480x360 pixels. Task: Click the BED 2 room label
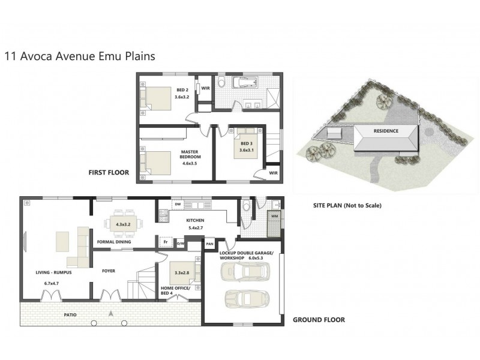[x=182, y=90]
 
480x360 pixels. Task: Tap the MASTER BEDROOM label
[x=190, y=154]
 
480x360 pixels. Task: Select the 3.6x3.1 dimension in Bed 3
[x=247, y=150]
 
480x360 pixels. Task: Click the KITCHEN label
[x=195, y=220]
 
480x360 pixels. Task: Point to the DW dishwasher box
[x=178, y=204]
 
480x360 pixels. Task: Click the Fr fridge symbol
[x=166, y=242]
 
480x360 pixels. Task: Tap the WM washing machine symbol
[x=275, y=216]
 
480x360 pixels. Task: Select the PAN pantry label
[x=209, y=244]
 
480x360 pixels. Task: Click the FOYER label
[x=109, y=271]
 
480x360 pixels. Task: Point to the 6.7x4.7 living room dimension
[x=52, y=283]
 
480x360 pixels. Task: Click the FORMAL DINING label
[x=114, y=242]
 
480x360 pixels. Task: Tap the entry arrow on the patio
[x=111, y=313]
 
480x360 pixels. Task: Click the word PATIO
[x=70, y=314]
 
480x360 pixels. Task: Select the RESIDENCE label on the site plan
[x=386, y=131]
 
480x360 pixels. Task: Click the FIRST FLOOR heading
[x=109, y=173]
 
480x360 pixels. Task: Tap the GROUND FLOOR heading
[x=319, y=320]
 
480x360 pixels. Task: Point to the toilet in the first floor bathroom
[x=222, y=82]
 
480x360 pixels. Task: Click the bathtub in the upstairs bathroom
[x=245, y=82]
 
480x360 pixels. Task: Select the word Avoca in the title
[x=37, y=56]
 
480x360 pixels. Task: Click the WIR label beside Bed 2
[x=205, y=88]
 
